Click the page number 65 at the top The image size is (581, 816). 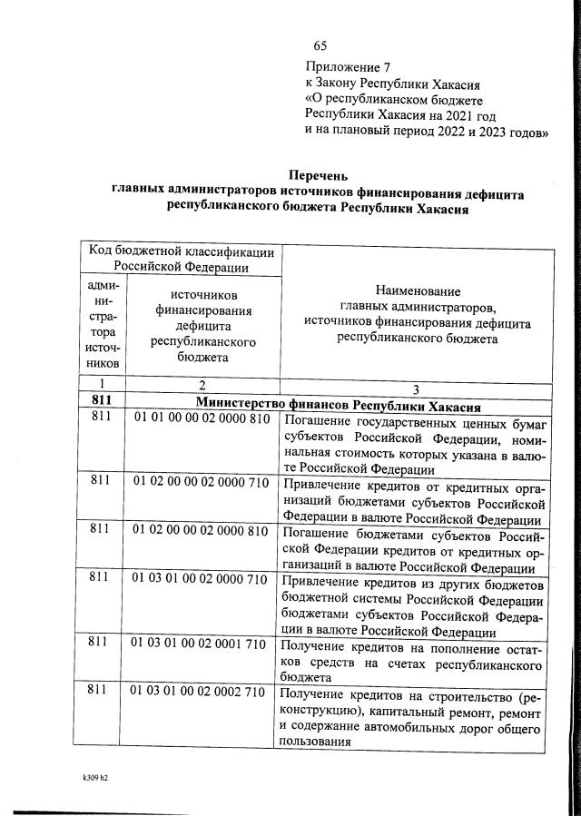tap(320, 46)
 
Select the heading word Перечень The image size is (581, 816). tap(318, 175)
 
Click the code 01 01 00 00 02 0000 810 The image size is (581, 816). tap(202, 419)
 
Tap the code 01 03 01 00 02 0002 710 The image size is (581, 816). tap(202, 692)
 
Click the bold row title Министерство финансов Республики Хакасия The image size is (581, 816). tap(338, 404)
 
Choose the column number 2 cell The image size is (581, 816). tap(202, 385)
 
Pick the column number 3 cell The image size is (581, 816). tap(417, 387)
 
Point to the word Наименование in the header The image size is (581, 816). tap(418, 291)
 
